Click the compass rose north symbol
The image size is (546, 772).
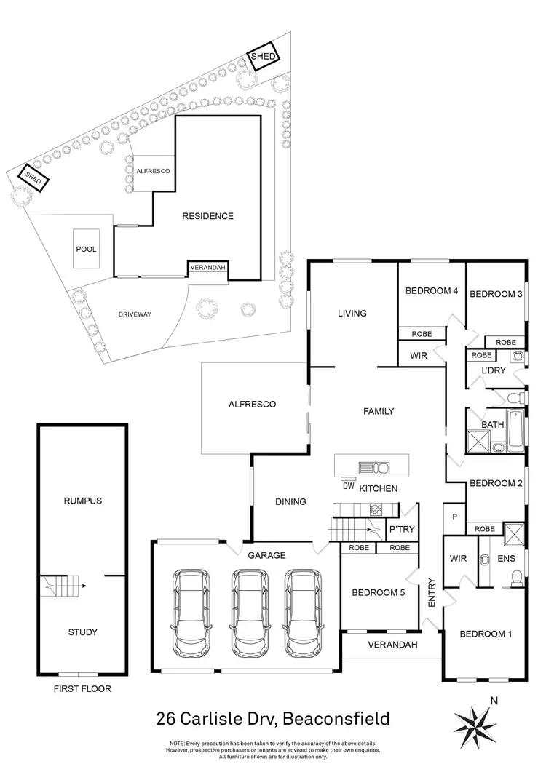click(x=475, y=720)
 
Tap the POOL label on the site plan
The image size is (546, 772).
click(x=87, y=249)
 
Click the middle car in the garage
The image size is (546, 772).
click(x=248, y=611)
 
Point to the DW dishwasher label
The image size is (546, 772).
click(x=349, y=487)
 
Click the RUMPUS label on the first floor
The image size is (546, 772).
click(x=82, y=501)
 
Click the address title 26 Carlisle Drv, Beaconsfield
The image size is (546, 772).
click(x=273, y=719)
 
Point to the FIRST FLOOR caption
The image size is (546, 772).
click(x=82, y=688)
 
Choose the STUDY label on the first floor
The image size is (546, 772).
click(x=82, y=632)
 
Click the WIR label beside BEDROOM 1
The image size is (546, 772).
click(x=458, y=559)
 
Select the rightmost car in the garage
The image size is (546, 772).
click(x=301, y=611)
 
